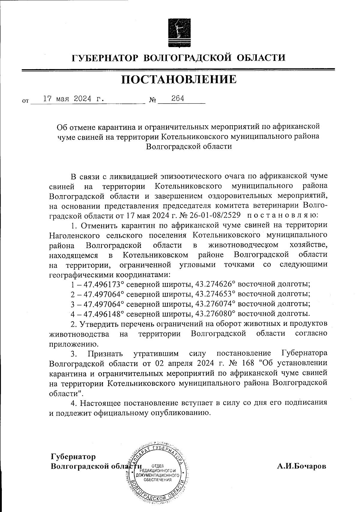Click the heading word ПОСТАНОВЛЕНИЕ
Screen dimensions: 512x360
click(179, 80)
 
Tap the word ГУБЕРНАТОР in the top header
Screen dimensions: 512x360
click(105, 57)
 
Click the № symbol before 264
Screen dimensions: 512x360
click(152, 101)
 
